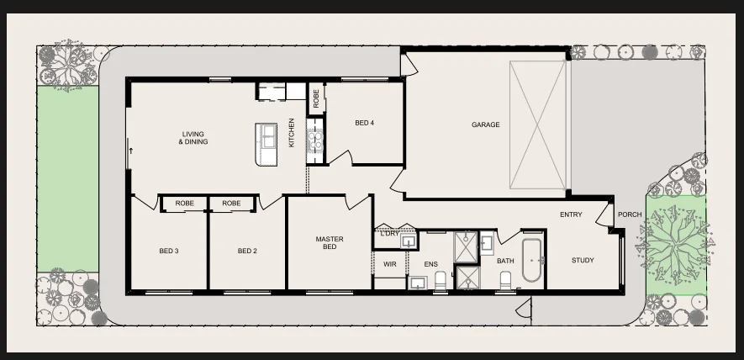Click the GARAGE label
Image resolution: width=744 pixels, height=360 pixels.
click(x=485, y=125)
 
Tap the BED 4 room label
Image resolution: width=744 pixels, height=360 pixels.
click(x=364, y=123)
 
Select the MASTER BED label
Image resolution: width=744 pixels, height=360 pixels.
click(x=330, y=243)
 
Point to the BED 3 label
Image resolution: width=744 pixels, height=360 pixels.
click(x=169, y=251)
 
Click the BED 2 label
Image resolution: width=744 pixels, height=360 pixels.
click(x=247, y=251)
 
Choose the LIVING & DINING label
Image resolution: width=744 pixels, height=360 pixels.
click(x=193, y=138)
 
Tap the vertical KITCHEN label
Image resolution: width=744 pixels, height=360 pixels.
click(x=292, y=133)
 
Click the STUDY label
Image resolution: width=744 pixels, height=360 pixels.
click(x=583, y=260)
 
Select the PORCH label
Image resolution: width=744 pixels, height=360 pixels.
click(x=630, y=214)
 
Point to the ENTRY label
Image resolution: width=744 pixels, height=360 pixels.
click(x=571, y=214)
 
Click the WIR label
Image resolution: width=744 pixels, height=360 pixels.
click(x=389, y=264)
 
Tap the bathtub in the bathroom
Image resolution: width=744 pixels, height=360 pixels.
click(x=532, y=260)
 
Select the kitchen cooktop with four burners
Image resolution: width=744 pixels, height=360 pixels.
click(x=314, y=140)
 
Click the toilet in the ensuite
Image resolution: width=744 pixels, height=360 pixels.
click(x=441, y=281)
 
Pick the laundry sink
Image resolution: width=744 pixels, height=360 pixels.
click(x=408, y=241)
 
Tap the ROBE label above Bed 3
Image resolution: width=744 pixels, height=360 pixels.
click(x=185, y=204)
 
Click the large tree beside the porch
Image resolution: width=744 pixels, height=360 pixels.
click(x=674, y=246)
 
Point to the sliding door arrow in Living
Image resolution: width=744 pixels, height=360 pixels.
click(x=131, y=151)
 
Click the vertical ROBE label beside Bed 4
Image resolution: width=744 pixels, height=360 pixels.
click(x=316, y=98)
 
